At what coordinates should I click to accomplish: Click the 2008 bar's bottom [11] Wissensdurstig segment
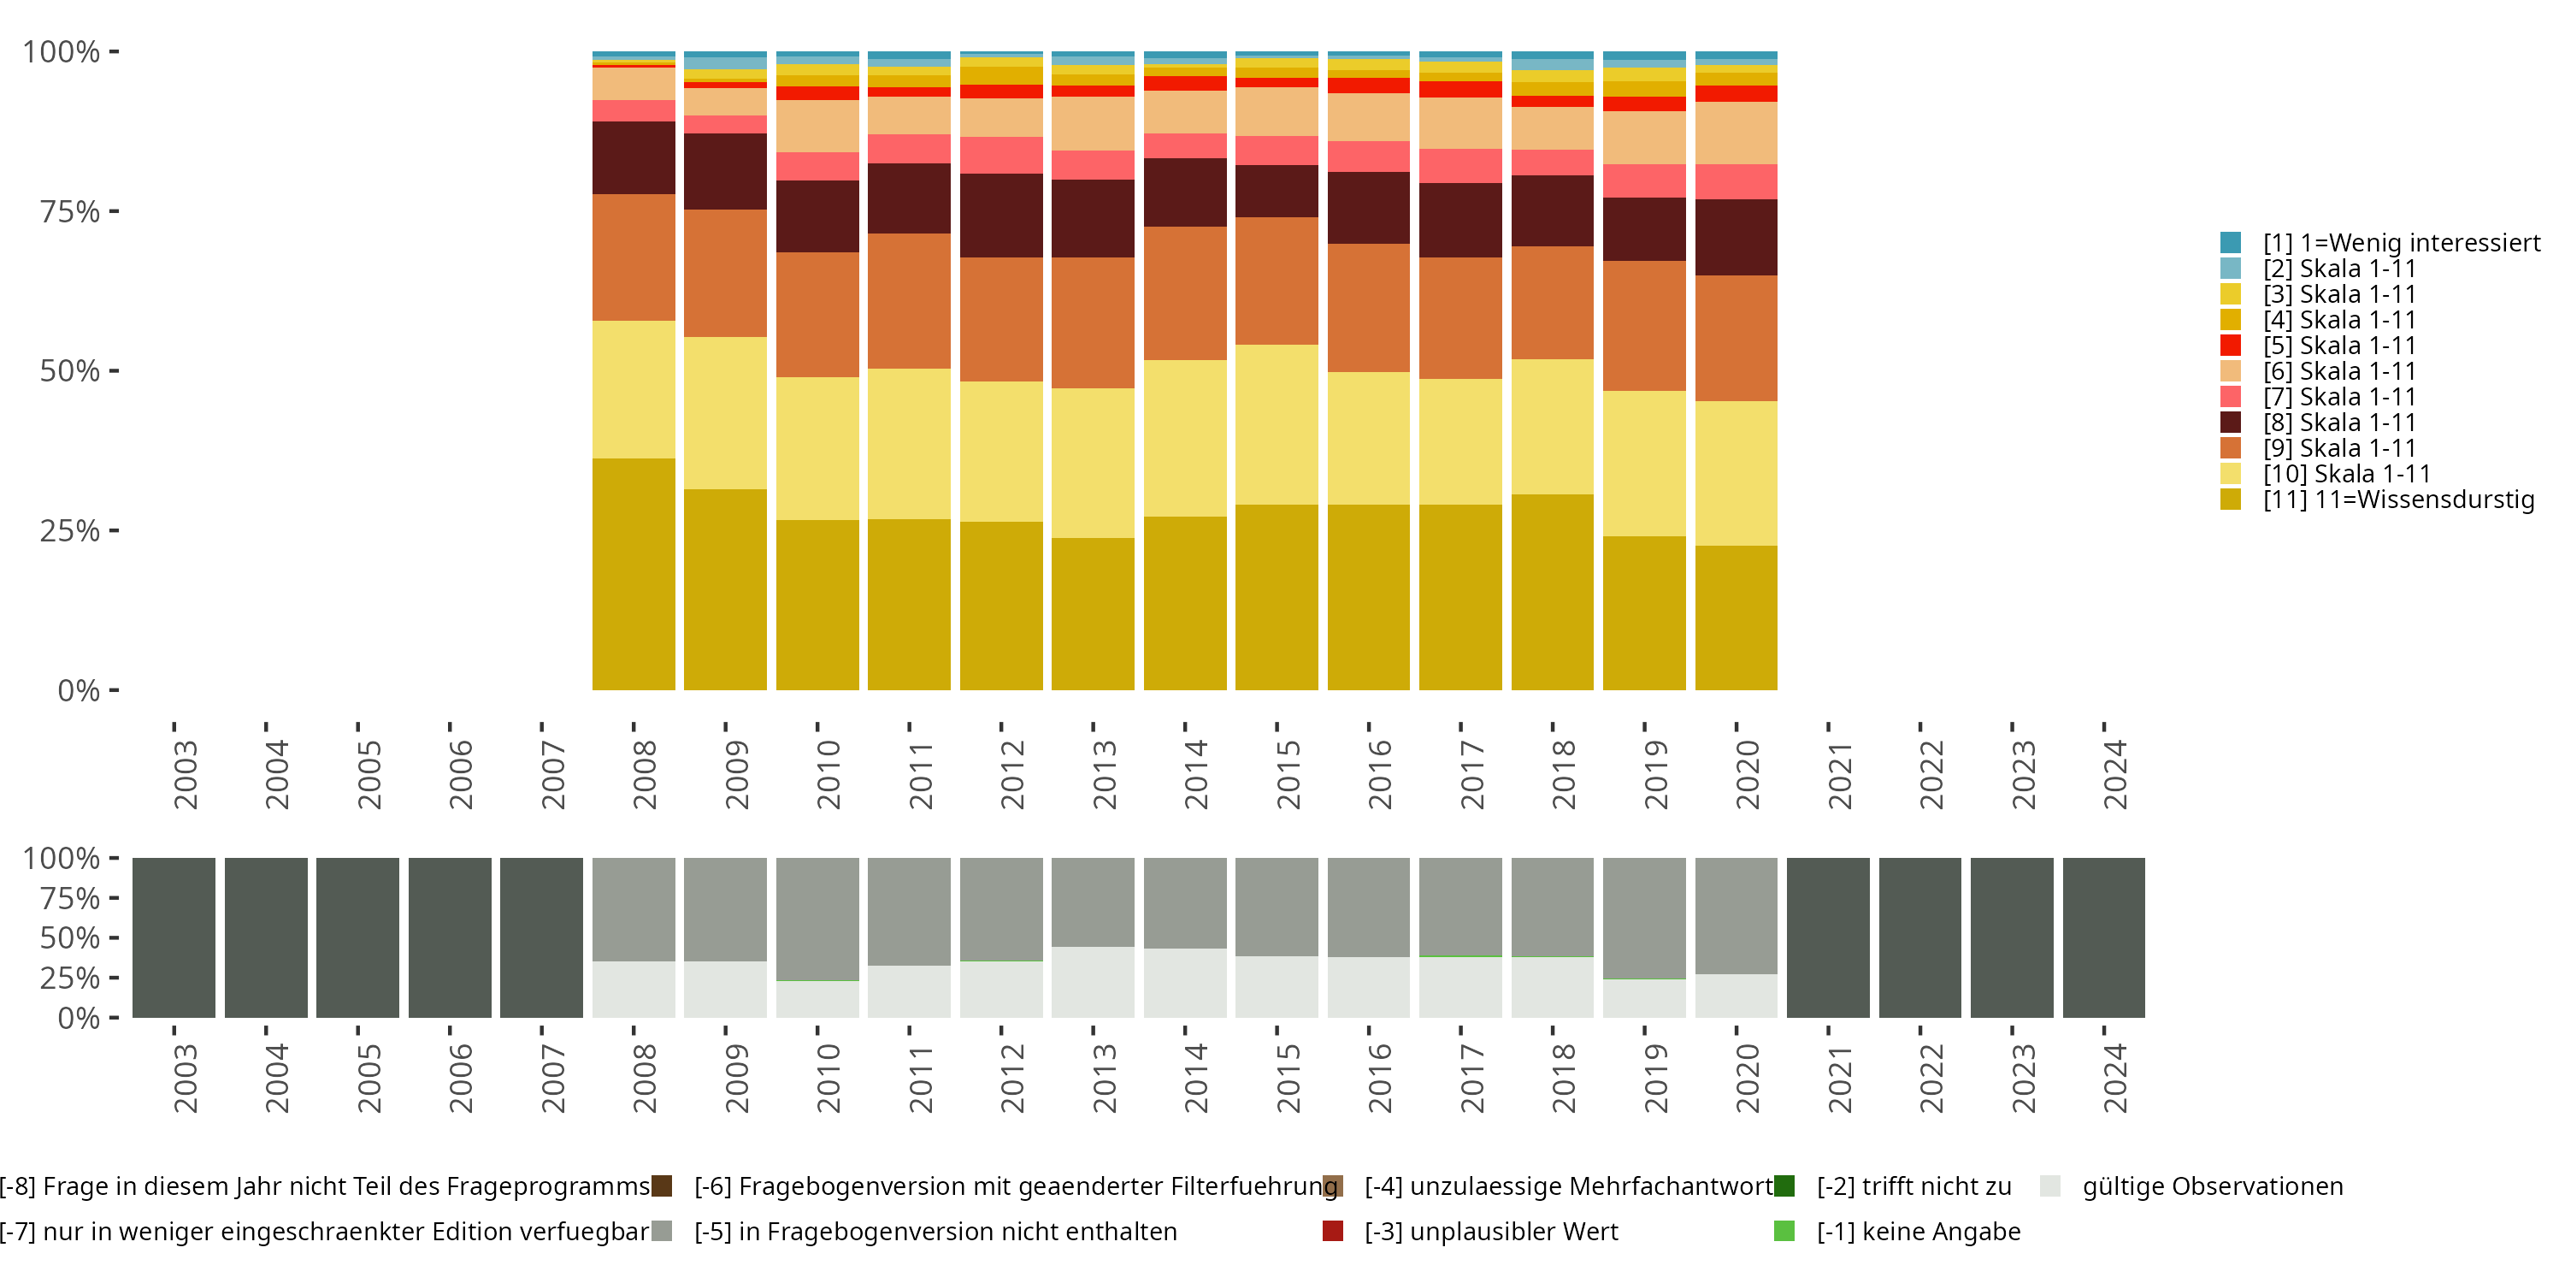[x=634, y=574]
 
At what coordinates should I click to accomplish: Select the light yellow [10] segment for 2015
[x=1277, y=424]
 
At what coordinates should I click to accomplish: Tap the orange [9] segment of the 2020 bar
[x=1736, y=338]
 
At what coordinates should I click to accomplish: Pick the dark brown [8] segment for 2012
[x=1000, y=216]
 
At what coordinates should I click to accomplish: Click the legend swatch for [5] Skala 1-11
[x=2231, y=346]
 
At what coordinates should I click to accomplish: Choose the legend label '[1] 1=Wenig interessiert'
[x=2401, y=243]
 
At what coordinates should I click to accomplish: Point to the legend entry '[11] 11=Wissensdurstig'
[x=2397, y=499]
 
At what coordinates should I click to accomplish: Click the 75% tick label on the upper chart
[x=70, y=211]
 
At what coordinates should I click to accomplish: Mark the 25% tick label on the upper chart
[x=70, y=531]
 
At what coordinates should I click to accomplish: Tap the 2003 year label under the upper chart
[x=186, y=774]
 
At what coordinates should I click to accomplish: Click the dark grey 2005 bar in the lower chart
[x=357, y=937]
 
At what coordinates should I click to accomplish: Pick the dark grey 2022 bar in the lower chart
[x=1919, y=937]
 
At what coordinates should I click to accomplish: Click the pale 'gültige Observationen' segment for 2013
[x=1093, y=982]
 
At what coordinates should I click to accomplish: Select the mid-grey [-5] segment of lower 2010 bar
[x=817, y=919]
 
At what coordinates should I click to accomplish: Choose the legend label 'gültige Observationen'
[x=2213, y=1186]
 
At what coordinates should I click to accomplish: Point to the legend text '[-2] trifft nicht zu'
[x=1913, y=1186]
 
